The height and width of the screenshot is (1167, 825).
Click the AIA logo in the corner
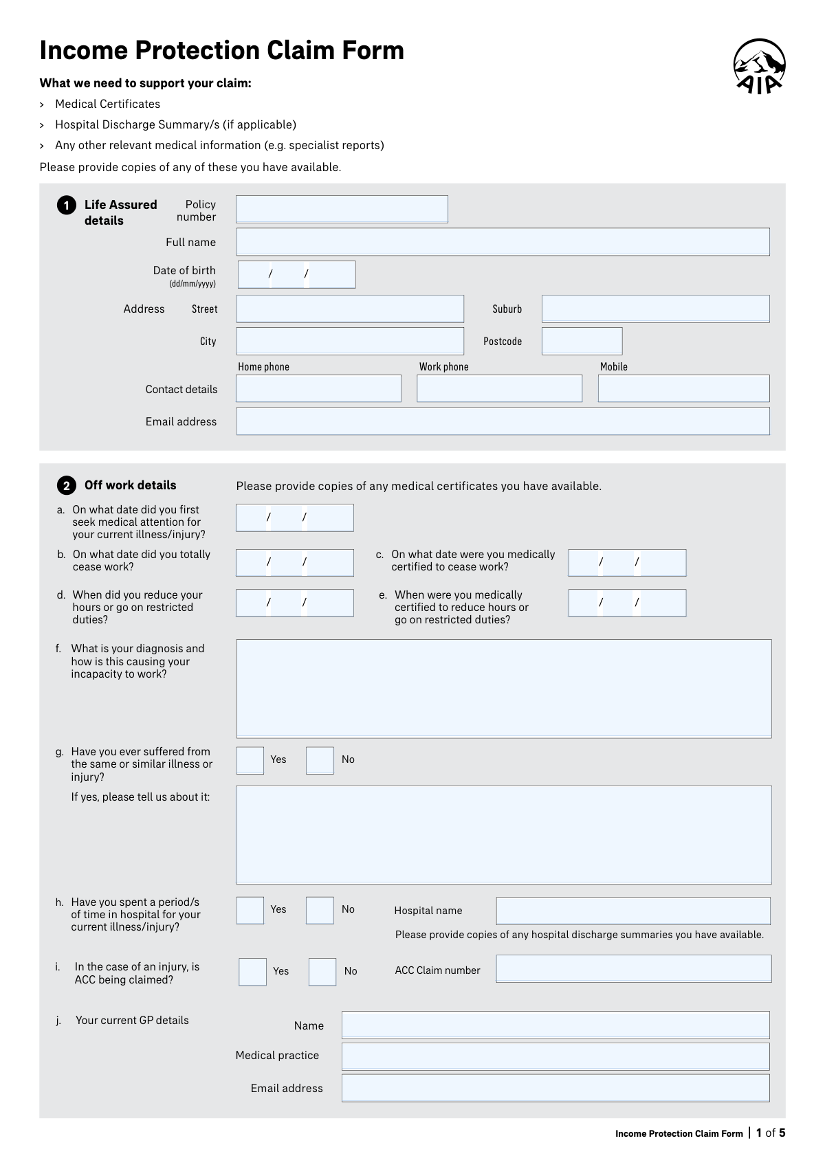pos(759,66)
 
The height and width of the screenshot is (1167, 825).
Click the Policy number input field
pos(342,210)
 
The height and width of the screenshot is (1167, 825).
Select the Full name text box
pos(503,242)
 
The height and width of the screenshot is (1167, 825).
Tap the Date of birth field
pos(296,274)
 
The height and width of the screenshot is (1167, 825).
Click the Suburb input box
pos(655,309)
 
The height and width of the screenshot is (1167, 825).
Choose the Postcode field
pos(582,342)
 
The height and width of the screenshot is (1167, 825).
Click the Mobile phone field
pos(683,389)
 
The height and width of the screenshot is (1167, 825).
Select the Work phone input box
pos(499,389)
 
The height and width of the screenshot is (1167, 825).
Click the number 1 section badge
pos(67,205)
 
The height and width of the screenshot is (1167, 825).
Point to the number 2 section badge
pos(67,486)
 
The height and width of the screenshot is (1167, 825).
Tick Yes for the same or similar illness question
pos(250,760)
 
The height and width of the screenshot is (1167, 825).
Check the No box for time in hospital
pos(320,910)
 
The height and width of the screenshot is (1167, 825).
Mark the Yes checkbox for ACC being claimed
pos(252,972)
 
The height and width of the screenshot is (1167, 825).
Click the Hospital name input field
pos(632,911)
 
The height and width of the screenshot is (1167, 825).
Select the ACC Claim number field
pos(633,969)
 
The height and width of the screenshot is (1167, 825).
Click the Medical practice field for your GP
pos(555,1056)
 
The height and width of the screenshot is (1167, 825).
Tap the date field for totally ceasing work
pos(294,563)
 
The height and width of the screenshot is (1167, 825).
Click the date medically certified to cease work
pos(627,563)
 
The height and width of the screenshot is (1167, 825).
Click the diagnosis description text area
pos(503,689)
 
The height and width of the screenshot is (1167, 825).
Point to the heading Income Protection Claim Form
pos(221,51)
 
